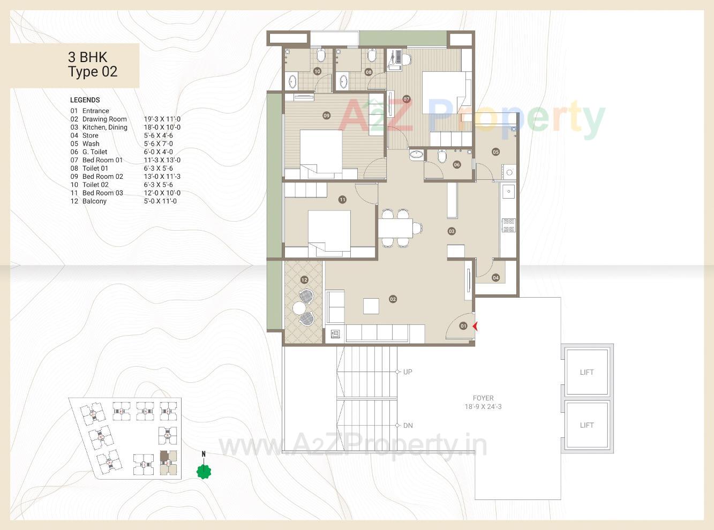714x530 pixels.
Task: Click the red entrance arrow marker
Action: (475, 325)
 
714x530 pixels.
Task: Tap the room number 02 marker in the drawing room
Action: (393, 299)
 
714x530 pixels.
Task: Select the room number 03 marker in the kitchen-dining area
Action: (452, 231)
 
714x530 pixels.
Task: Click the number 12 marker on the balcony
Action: (304, 279)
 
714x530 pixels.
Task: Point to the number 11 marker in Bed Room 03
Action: (342, 200)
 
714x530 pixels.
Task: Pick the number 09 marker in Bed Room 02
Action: (326, 116)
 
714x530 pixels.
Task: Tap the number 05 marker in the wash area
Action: (495, 152)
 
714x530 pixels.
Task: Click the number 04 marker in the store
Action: (495, 277)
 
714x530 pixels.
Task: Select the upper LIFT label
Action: (587, 372)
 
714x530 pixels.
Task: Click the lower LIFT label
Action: (587, 425)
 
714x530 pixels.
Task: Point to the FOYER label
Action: (483, 398)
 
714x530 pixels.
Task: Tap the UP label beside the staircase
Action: (408, 372)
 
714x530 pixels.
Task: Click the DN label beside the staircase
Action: (408, 426)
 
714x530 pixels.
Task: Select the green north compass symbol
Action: (204, 471)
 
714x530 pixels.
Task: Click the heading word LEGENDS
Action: (85, 100)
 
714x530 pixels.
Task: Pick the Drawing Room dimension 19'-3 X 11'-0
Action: (162, 119)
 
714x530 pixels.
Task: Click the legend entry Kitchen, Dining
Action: (104, 127)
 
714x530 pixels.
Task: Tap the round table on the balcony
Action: (299, 308)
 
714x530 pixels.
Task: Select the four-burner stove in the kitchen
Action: (508, 225)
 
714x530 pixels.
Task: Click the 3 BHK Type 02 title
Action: (93, 65)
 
